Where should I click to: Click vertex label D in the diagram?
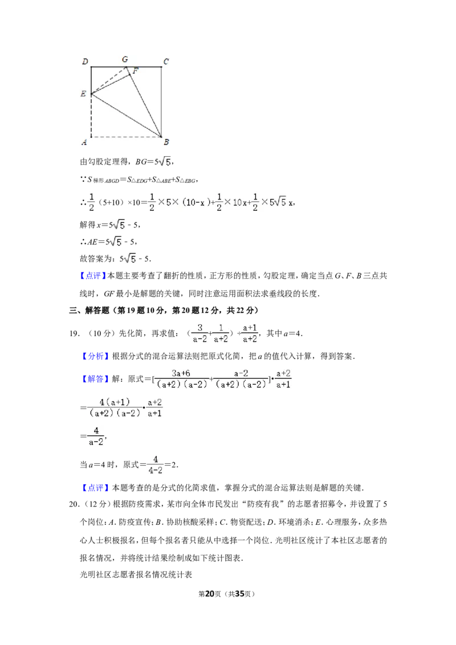[85, 62]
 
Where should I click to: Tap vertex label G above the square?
[125, 59]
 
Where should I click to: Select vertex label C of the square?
[166, 62]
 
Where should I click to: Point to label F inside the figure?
[136, 71]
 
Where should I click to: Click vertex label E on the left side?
[83, 94]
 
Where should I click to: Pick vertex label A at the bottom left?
[84, 142]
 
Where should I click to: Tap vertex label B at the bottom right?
[166, 142]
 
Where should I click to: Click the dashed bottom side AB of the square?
[126, 137]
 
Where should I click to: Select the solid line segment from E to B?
[126, 116]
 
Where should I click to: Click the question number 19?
[74, 333]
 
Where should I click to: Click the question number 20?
[74, 504]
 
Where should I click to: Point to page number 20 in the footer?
[210, 594]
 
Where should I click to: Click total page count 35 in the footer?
[240, 594]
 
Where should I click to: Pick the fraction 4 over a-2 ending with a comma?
[96, 436]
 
